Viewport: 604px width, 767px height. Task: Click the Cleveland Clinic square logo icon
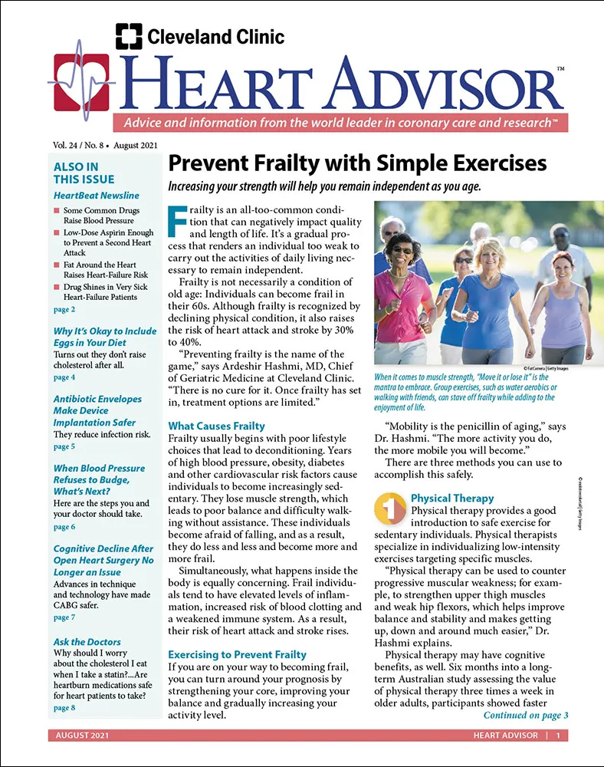point(129,36)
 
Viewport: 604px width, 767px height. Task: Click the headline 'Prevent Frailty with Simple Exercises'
point(356,163)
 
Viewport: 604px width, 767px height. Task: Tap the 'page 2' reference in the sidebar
point(64,309)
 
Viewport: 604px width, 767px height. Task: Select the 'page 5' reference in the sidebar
point(64,446)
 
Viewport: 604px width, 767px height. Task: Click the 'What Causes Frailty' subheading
point(216,426)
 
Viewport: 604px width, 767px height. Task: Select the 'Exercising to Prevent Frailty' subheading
point(237,655)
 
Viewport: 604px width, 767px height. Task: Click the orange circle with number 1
point(389,507)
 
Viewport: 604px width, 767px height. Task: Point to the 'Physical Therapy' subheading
point(452,498)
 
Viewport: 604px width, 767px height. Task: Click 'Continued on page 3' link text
point(525,716)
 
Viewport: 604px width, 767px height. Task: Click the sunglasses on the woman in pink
point(402,250)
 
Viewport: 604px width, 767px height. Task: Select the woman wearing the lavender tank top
point(563,299)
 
